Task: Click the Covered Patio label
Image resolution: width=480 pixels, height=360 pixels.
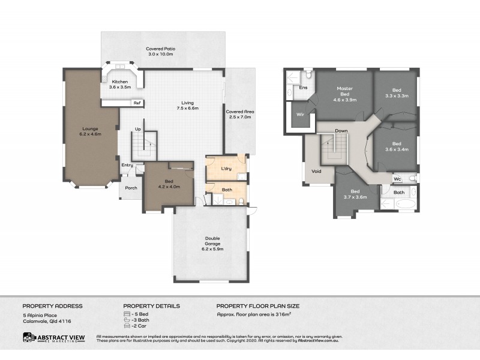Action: pos(160,49)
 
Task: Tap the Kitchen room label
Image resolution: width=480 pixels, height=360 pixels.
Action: pos(119,82)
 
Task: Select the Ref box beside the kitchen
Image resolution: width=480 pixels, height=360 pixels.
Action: pos(137,103)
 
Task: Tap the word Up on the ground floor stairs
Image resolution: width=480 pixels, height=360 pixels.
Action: pos(137,129)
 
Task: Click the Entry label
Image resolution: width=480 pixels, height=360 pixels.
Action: pos(127,166)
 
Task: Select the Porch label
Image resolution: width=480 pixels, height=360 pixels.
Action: pos(131,188)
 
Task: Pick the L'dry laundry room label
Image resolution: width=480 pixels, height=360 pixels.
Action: pos(226,169)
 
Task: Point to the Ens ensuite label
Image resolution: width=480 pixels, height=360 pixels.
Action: pos(304,88)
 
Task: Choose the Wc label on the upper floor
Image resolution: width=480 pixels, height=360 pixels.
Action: pos(398,179)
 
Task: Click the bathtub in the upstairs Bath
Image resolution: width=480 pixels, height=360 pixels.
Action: pos(404,206)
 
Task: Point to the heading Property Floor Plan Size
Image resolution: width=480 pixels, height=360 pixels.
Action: pos(258,306)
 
